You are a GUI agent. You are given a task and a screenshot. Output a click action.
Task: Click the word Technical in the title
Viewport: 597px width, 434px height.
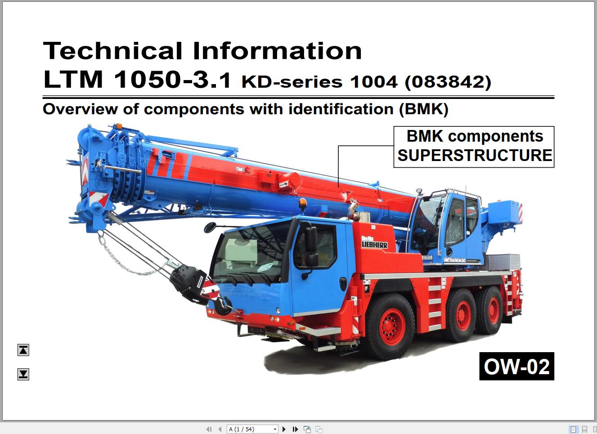[112, 50]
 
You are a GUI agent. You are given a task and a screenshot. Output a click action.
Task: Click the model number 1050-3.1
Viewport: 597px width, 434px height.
[173, 80]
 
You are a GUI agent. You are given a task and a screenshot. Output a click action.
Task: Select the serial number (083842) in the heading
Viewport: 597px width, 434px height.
[448, 82]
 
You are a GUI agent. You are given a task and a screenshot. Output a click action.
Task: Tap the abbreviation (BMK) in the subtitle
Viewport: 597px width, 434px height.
[423, 109]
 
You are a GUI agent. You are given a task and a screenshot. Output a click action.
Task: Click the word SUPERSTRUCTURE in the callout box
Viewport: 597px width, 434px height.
[474, 156]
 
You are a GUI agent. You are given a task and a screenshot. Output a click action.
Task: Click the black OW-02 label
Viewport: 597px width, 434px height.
[516, 367]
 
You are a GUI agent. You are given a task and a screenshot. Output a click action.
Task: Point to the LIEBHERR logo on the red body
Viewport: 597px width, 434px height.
[375, 244]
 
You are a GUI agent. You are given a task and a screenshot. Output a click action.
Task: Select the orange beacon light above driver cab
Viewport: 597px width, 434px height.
[303, 204]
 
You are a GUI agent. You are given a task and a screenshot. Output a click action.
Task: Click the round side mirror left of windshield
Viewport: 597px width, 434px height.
[210, 228]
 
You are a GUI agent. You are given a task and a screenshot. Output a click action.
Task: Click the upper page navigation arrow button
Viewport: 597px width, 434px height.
[23, 350]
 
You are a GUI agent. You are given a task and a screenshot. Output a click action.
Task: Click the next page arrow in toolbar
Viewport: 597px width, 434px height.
[284, 429]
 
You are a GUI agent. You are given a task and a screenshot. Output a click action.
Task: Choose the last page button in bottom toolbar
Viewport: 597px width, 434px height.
[295, 429]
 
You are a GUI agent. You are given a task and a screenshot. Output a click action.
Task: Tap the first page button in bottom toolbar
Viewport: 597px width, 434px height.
[209, 429]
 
